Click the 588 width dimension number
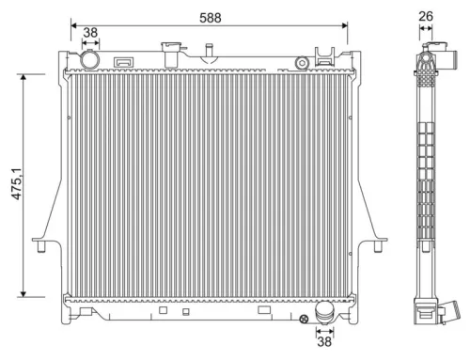pyautogui.click(x=211, y=16)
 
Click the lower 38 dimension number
pyautogui.click(x=325, y=342)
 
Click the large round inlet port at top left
pyautogui.click(x=90, y=59)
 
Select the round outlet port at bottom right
pyautogui.click(x=325, y=311)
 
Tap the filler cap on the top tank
pyautogui.click(x=172, y=51)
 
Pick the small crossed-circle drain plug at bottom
pyautogui.click(x=304, y=321)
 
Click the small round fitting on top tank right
pyautogui.click(x=302, y=62)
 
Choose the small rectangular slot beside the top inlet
pyautogui.click(x=122, y=63)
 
